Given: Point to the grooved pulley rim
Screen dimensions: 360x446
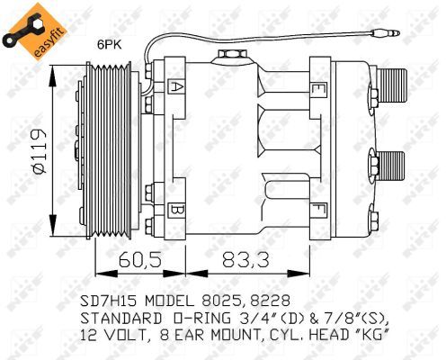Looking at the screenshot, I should click(x=98, y=149).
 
